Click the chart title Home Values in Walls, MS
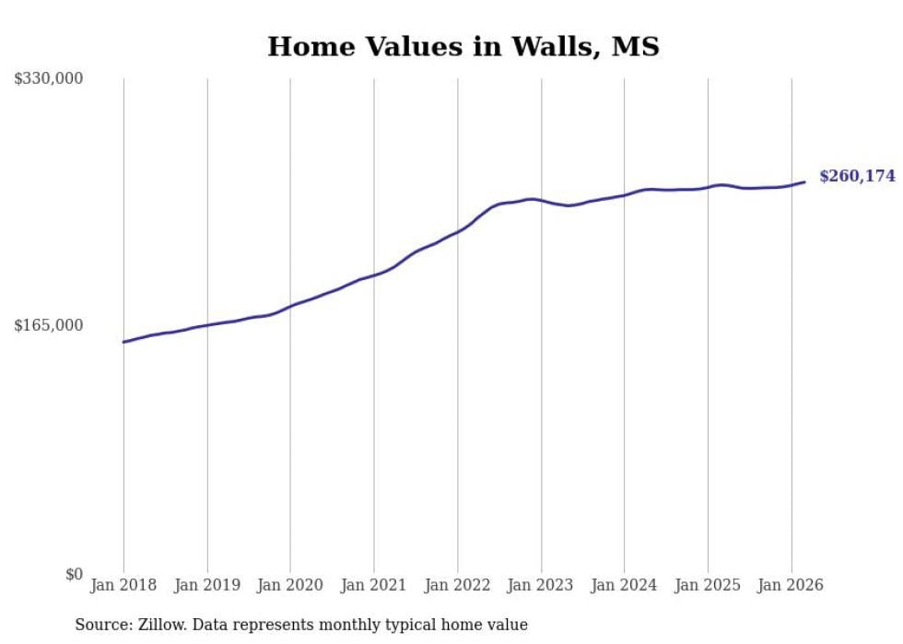tap(463, 46)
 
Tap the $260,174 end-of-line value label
tap(857, 176)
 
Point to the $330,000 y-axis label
tap(48, 79)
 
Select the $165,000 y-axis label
tap(48, 325)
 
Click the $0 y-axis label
tap(74, 575)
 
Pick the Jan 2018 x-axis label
tap(123, 586)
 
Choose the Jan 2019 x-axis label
tap(207, 586)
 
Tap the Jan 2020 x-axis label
tap(290, 586)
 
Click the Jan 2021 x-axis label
tap(374, 586)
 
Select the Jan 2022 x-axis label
tap(457, 586)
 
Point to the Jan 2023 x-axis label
tap(541, 586)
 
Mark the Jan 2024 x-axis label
tap(624, 586)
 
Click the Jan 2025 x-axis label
tap(708, 586)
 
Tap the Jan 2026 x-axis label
tap(791, 586)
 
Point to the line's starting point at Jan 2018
tap(123, 342)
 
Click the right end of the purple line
tap(804, 181)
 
